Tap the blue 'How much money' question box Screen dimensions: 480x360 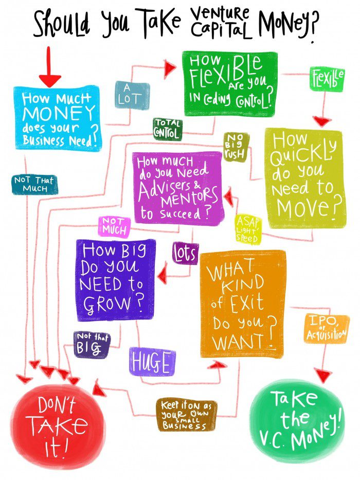click(57, 119)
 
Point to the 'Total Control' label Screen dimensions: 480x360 click(167, 129)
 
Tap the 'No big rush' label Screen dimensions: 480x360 click(236, 147)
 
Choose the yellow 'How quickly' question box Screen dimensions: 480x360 click(304, 178)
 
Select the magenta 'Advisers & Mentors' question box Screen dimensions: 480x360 click(179, 187)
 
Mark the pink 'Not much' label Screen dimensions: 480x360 click(114, 226)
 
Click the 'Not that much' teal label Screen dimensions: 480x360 click(34, 184)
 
